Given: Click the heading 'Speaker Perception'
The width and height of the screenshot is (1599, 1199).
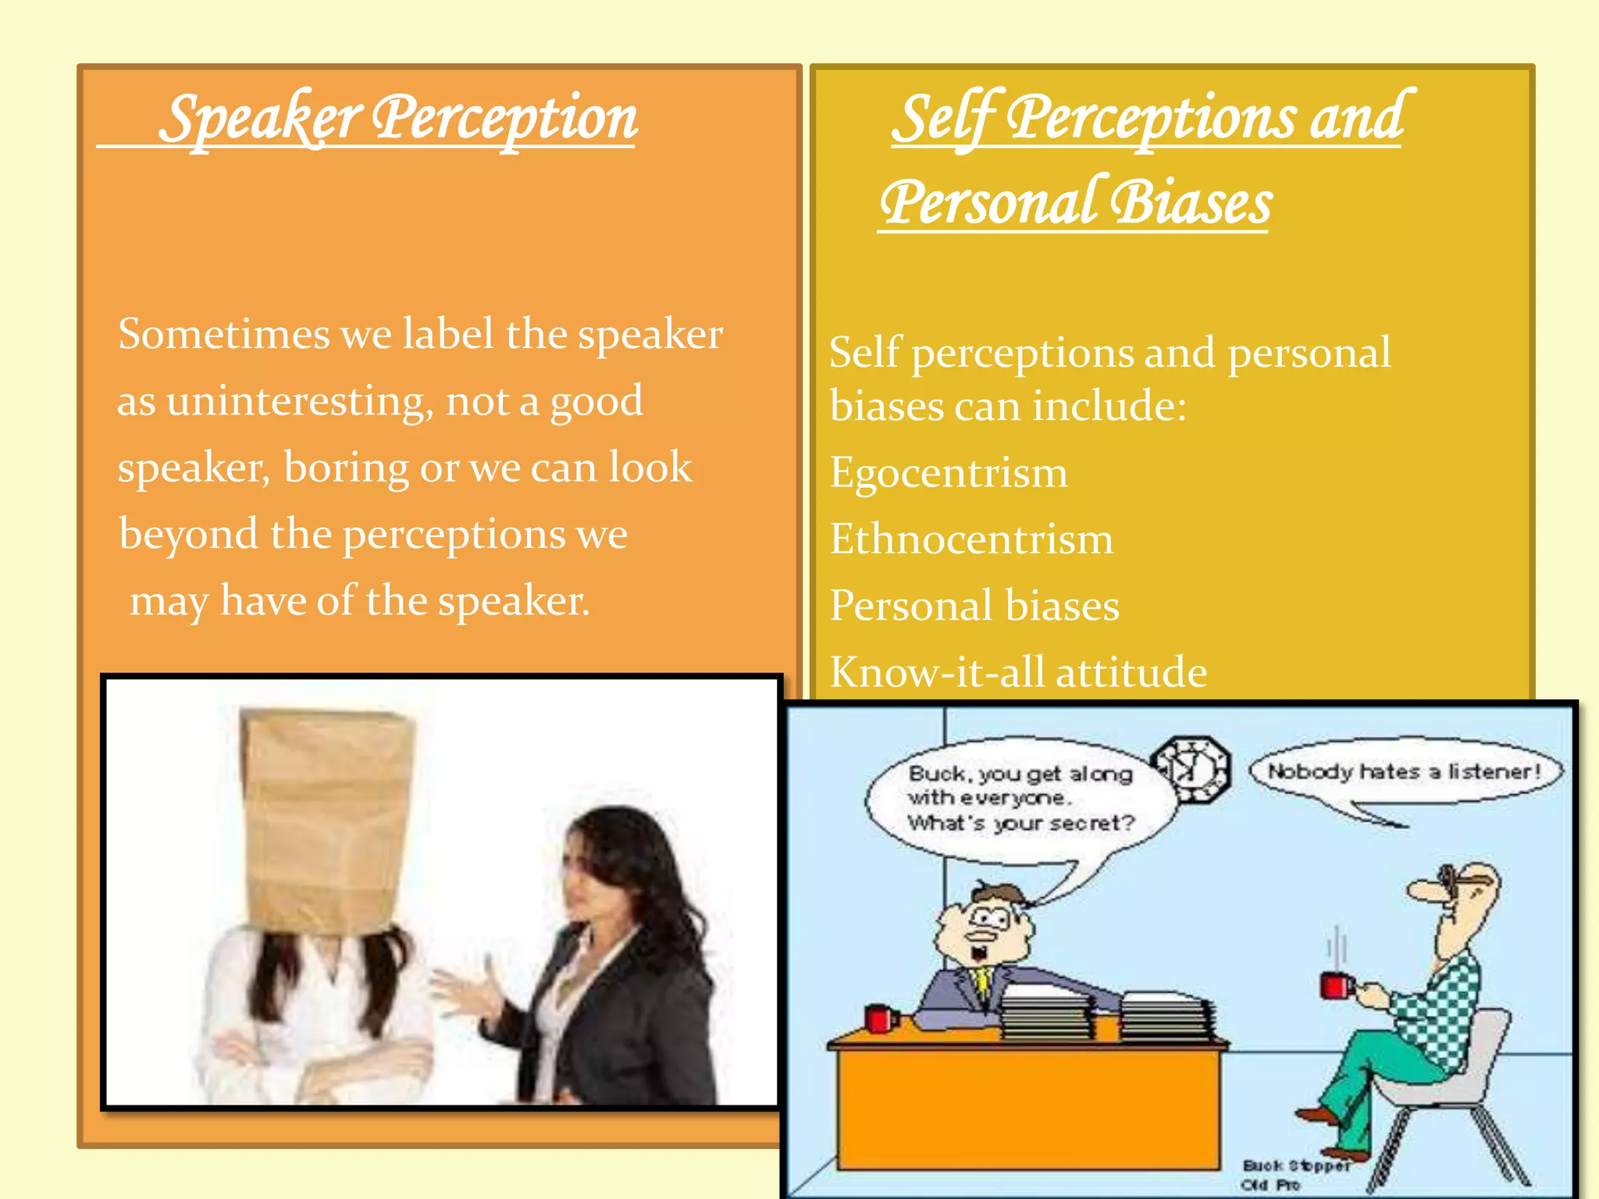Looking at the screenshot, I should click(398, 119).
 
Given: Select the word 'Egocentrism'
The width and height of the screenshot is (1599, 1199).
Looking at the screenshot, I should click(949, 473).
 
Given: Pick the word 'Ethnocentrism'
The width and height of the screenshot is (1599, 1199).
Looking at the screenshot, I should click(971, 539).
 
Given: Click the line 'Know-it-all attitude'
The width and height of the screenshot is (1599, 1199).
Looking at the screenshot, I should click(1018, 672).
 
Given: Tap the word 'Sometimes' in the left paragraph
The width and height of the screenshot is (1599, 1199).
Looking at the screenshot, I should click(224, 335).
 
